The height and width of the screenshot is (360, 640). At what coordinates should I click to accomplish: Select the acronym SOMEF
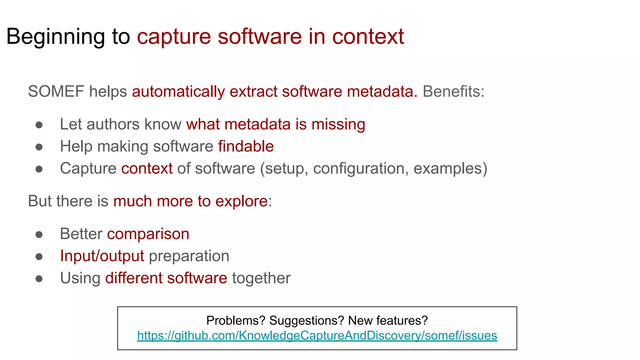[x=56, y=92]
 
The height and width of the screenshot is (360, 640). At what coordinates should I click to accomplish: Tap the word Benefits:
[x=453, y=92]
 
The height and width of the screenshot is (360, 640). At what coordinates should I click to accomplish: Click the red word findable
[x=246, y=146]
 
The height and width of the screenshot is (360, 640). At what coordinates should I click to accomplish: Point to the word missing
[x=338, y=124]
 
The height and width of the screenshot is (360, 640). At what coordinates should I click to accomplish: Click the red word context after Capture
[x=147, y=168]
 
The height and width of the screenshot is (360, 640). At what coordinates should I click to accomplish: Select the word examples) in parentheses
[x=450, y=168]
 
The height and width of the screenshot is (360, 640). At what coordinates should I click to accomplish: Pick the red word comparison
[x=148, y=234]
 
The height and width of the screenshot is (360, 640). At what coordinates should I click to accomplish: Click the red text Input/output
[x=102, y=256]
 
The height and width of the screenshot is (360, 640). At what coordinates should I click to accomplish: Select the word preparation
[x=189, y=256]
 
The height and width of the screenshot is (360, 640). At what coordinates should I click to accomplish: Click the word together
[x=261, y=278]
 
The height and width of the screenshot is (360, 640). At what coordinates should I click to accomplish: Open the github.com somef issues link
[x=317, y=336]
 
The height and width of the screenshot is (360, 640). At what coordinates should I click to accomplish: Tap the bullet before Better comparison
[x=39, y=235]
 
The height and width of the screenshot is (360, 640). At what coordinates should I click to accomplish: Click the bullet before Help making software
[x=39, y=147]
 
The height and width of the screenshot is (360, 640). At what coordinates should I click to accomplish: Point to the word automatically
[x=178, y=92]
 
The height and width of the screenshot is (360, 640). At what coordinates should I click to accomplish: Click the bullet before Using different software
[x=39, y=279]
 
